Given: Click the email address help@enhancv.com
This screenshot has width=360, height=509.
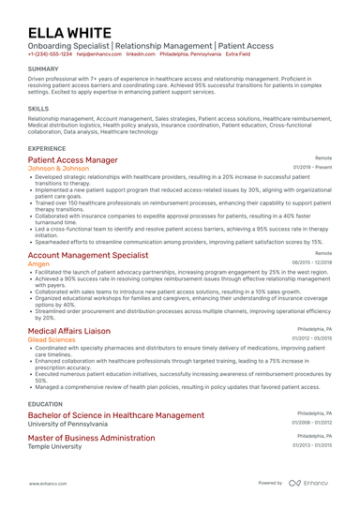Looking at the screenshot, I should click(x=97, y=54).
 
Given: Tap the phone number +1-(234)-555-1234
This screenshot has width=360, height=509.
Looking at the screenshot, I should click(x=50, y=54).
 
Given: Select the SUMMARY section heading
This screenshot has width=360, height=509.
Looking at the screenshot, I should click(x=43, y=69).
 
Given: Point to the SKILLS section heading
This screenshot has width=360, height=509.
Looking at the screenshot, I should click(x=38, y=109).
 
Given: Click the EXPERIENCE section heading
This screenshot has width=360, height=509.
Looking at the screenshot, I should click(x=47, y=148).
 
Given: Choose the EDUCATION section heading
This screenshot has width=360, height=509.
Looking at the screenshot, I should click(x=46, y=403).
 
